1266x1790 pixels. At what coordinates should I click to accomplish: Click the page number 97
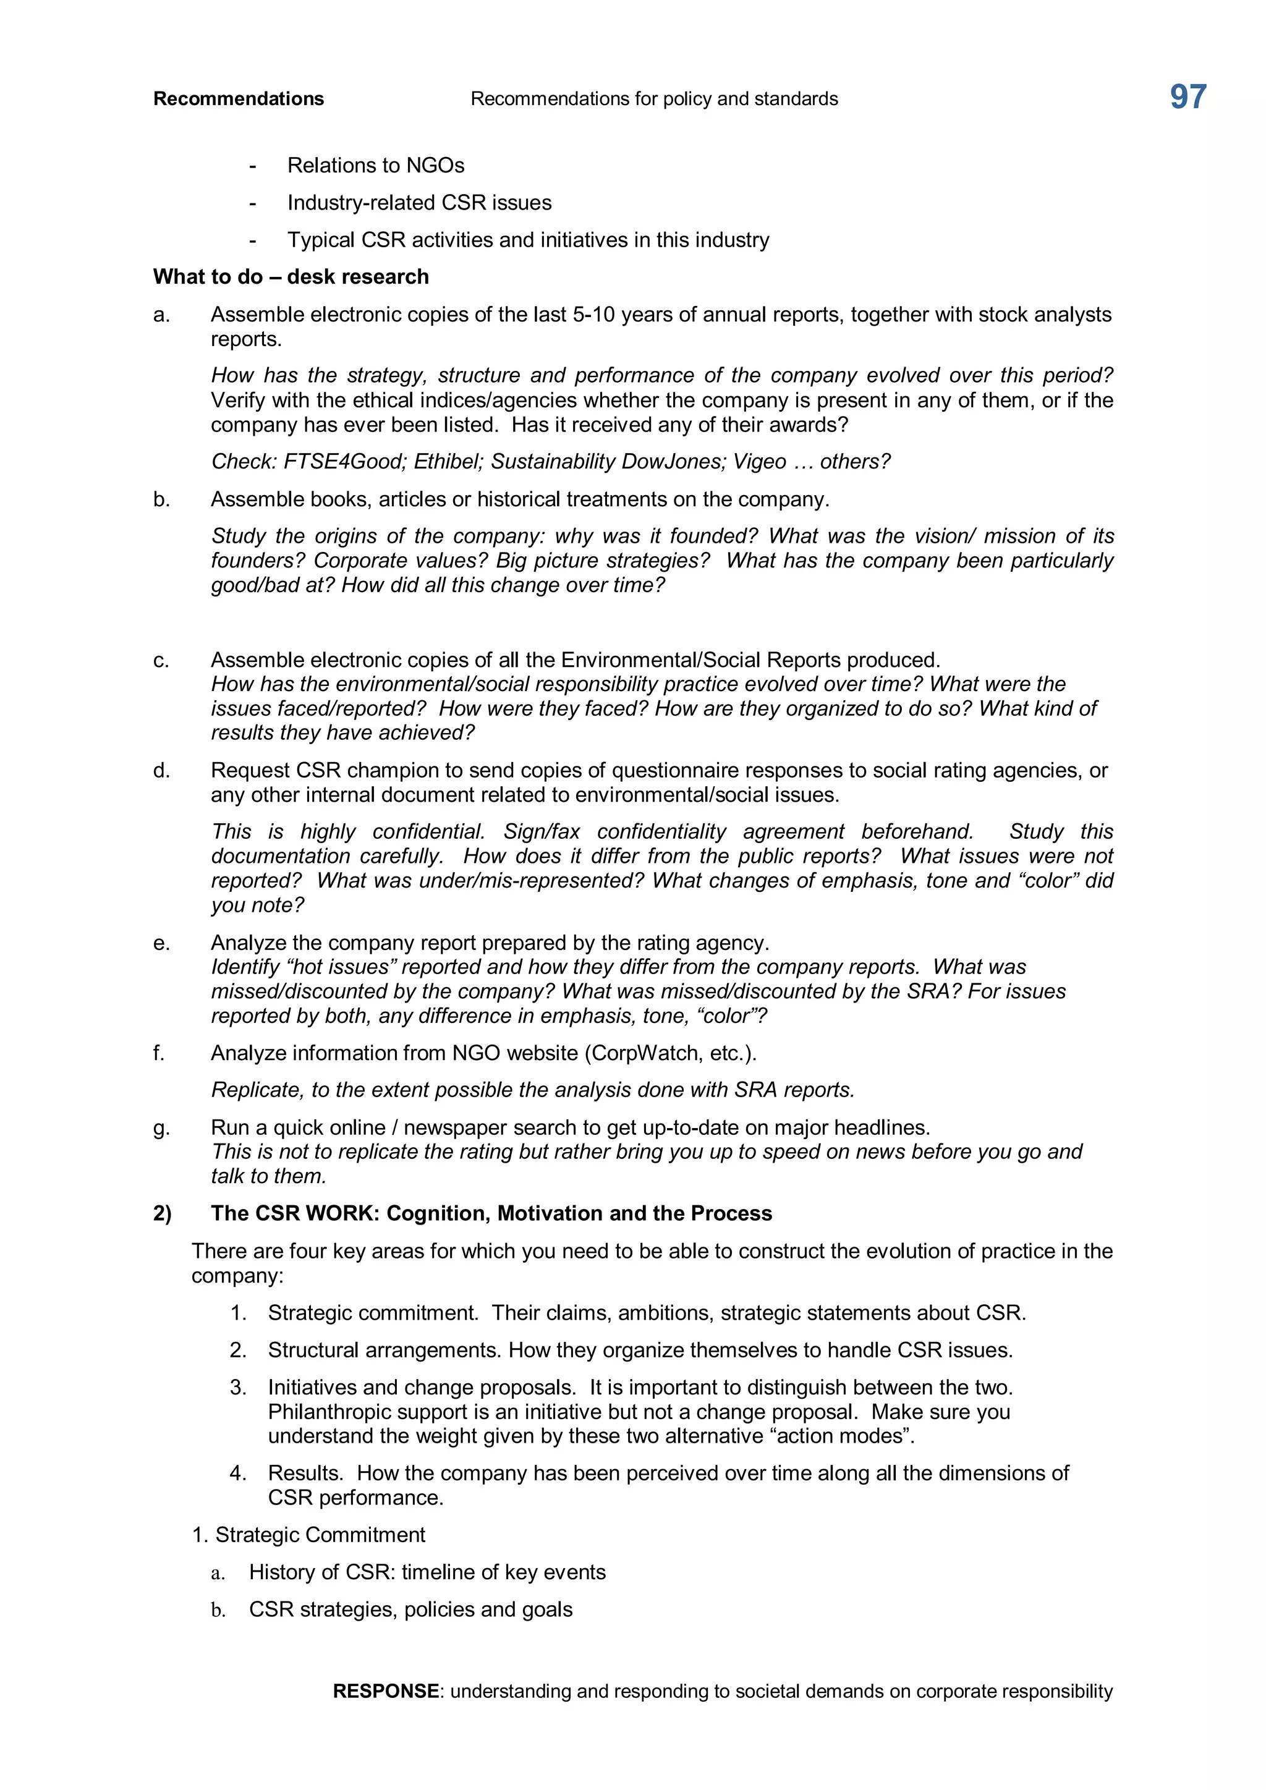[1187, 98]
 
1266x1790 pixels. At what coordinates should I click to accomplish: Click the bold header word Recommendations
[239, 99]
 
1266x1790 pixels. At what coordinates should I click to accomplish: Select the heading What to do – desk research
[291, 277]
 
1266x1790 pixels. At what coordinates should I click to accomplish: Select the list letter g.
[161, 1128]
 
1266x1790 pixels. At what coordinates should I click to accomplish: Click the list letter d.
[161, 771]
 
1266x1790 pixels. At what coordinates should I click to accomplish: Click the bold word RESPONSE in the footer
[386, 1691]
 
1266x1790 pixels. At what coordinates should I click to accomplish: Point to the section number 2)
[162, 1214]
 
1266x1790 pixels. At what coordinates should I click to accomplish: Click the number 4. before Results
[238, 1474]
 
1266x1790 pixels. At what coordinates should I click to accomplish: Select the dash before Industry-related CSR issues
[253, 203]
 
